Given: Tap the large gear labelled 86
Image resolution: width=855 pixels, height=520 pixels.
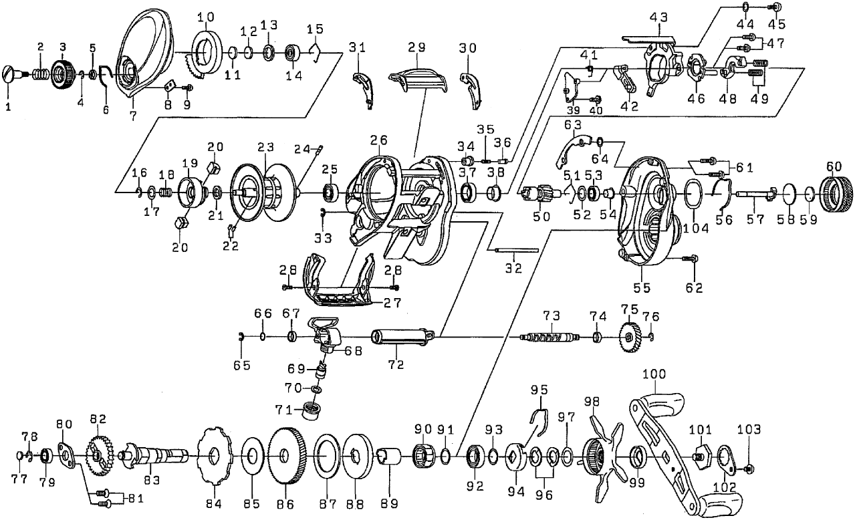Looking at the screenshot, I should pos(286,457).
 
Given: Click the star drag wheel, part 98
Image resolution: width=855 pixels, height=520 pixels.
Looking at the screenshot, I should pos(597,457).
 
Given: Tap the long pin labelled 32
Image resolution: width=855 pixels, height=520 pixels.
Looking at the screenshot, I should pos(518,251).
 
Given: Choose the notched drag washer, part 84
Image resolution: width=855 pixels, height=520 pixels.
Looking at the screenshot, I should pos(214,456).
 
